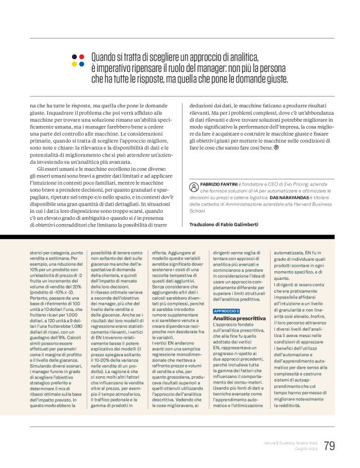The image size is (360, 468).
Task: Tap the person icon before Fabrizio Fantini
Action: (x=195, y=186)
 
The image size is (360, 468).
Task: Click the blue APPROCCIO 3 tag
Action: (x=226, y=310)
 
